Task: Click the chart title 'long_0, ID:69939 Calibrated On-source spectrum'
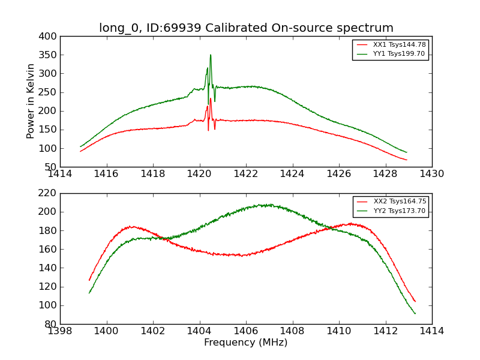(x=246, y=28)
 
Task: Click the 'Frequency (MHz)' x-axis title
(x=246, y=343)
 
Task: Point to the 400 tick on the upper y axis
(x=50, y=37)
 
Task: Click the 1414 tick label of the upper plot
(x=61, y=173)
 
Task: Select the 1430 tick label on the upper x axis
(x=432, y=173)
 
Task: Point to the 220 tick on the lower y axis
(x=50, y=193)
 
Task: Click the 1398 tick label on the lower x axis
(x=61, y=331)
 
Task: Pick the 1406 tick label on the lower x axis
(x=246, y=331)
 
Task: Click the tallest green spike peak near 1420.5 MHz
(x=211, y=55)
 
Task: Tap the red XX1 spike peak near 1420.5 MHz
(x=211, y=98)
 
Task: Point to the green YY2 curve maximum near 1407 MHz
(x=264, y=205)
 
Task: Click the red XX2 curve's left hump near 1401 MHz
(x=131, y=226)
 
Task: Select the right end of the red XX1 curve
(x=406, y=160)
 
